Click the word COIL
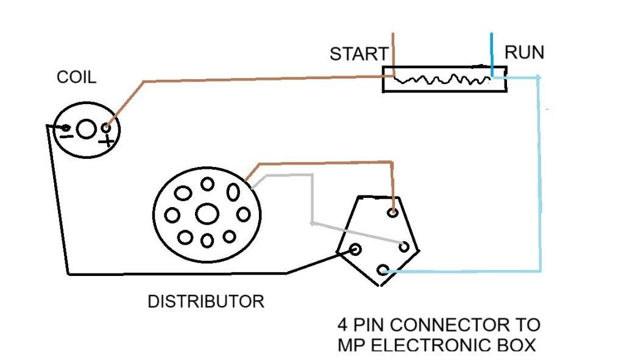tap(76, 77)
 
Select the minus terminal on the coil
tap(66, 128)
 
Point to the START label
tap(358, 54)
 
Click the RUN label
tap(525, 53)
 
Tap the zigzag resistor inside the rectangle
tap(442, 80)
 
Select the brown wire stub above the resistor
tap(394, 52)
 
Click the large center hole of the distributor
tap(207, 213)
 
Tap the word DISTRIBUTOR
tap(206, 302)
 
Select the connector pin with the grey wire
tap(403, 246)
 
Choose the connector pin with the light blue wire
tap(383, 270)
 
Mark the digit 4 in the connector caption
tap(343, 323)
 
